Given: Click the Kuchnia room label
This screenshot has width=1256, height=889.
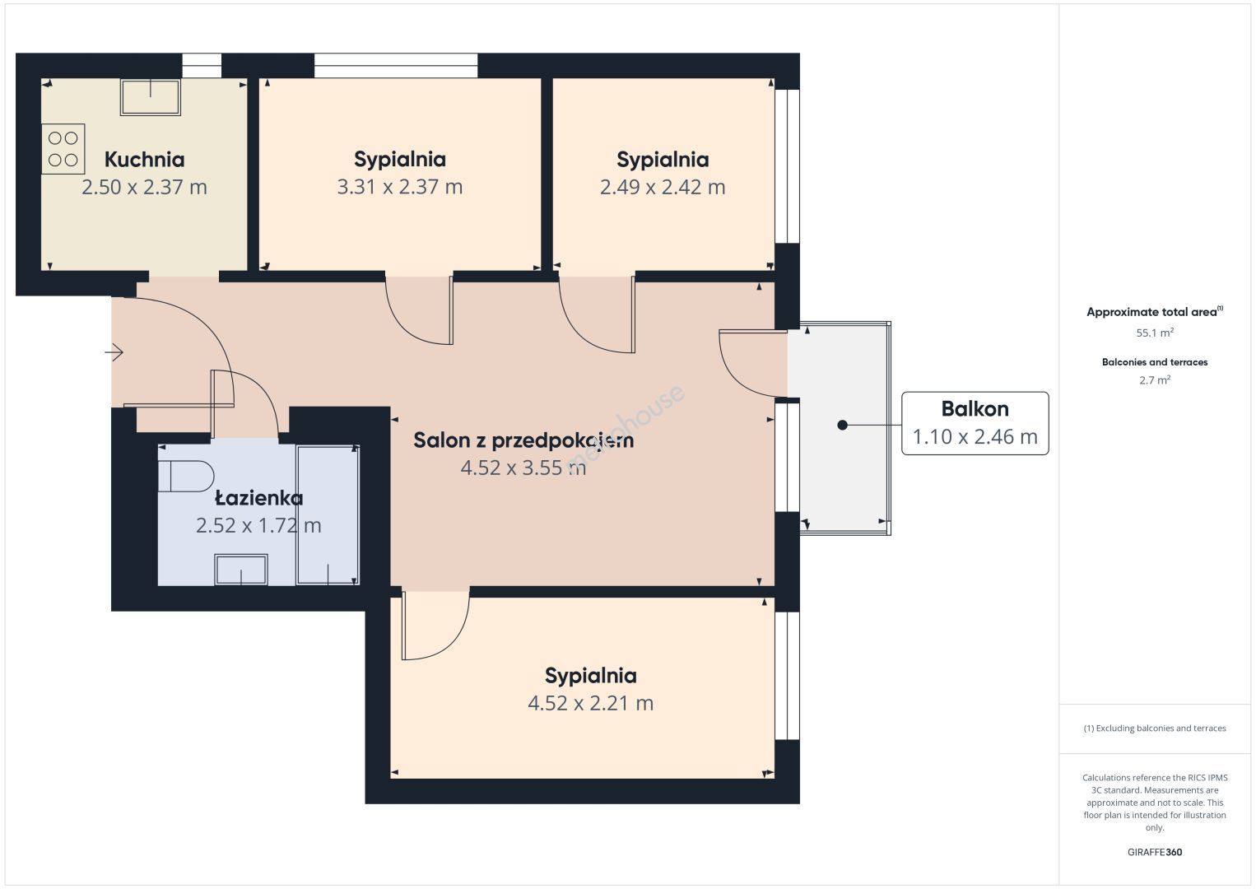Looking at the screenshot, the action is [144, 160].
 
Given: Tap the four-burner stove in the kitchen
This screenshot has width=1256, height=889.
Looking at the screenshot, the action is [63, 149].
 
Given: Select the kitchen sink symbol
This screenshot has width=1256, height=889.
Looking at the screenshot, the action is [151, 97].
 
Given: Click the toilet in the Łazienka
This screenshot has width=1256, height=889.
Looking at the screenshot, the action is [185, 476].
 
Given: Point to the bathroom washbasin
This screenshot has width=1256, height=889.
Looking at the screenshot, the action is [241, 570].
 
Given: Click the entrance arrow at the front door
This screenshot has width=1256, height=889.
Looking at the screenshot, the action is [114, 352].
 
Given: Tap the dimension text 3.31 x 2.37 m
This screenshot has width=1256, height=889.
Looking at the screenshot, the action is [400, 187].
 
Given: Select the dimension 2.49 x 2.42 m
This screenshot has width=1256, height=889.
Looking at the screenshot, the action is [663, 187].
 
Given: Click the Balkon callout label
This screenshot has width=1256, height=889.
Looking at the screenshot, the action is [975, 409].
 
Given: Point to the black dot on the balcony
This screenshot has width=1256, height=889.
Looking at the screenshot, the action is [842, 425].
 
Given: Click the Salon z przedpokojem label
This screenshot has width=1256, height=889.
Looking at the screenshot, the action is [523, 441].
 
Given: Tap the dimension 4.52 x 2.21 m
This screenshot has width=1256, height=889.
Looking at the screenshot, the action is [590, 703].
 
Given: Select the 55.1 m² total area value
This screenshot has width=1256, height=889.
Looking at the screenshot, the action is [1155, 333].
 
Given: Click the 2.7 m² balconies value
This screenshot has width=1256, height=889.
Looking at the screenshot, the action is [1155, 379].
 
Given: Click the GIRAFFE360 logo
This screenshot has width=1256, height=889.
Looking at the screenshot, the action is [1155, 852].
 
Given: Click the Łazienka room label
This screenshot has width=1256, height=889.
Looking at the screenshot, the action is [259, 497].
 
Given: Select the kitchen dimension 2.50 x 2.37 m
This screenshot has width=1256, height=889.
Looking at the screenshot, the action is [144, 187].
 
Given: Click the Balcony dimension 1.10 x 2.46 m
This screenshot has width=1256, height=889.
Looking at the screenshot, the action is [975, 436].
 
